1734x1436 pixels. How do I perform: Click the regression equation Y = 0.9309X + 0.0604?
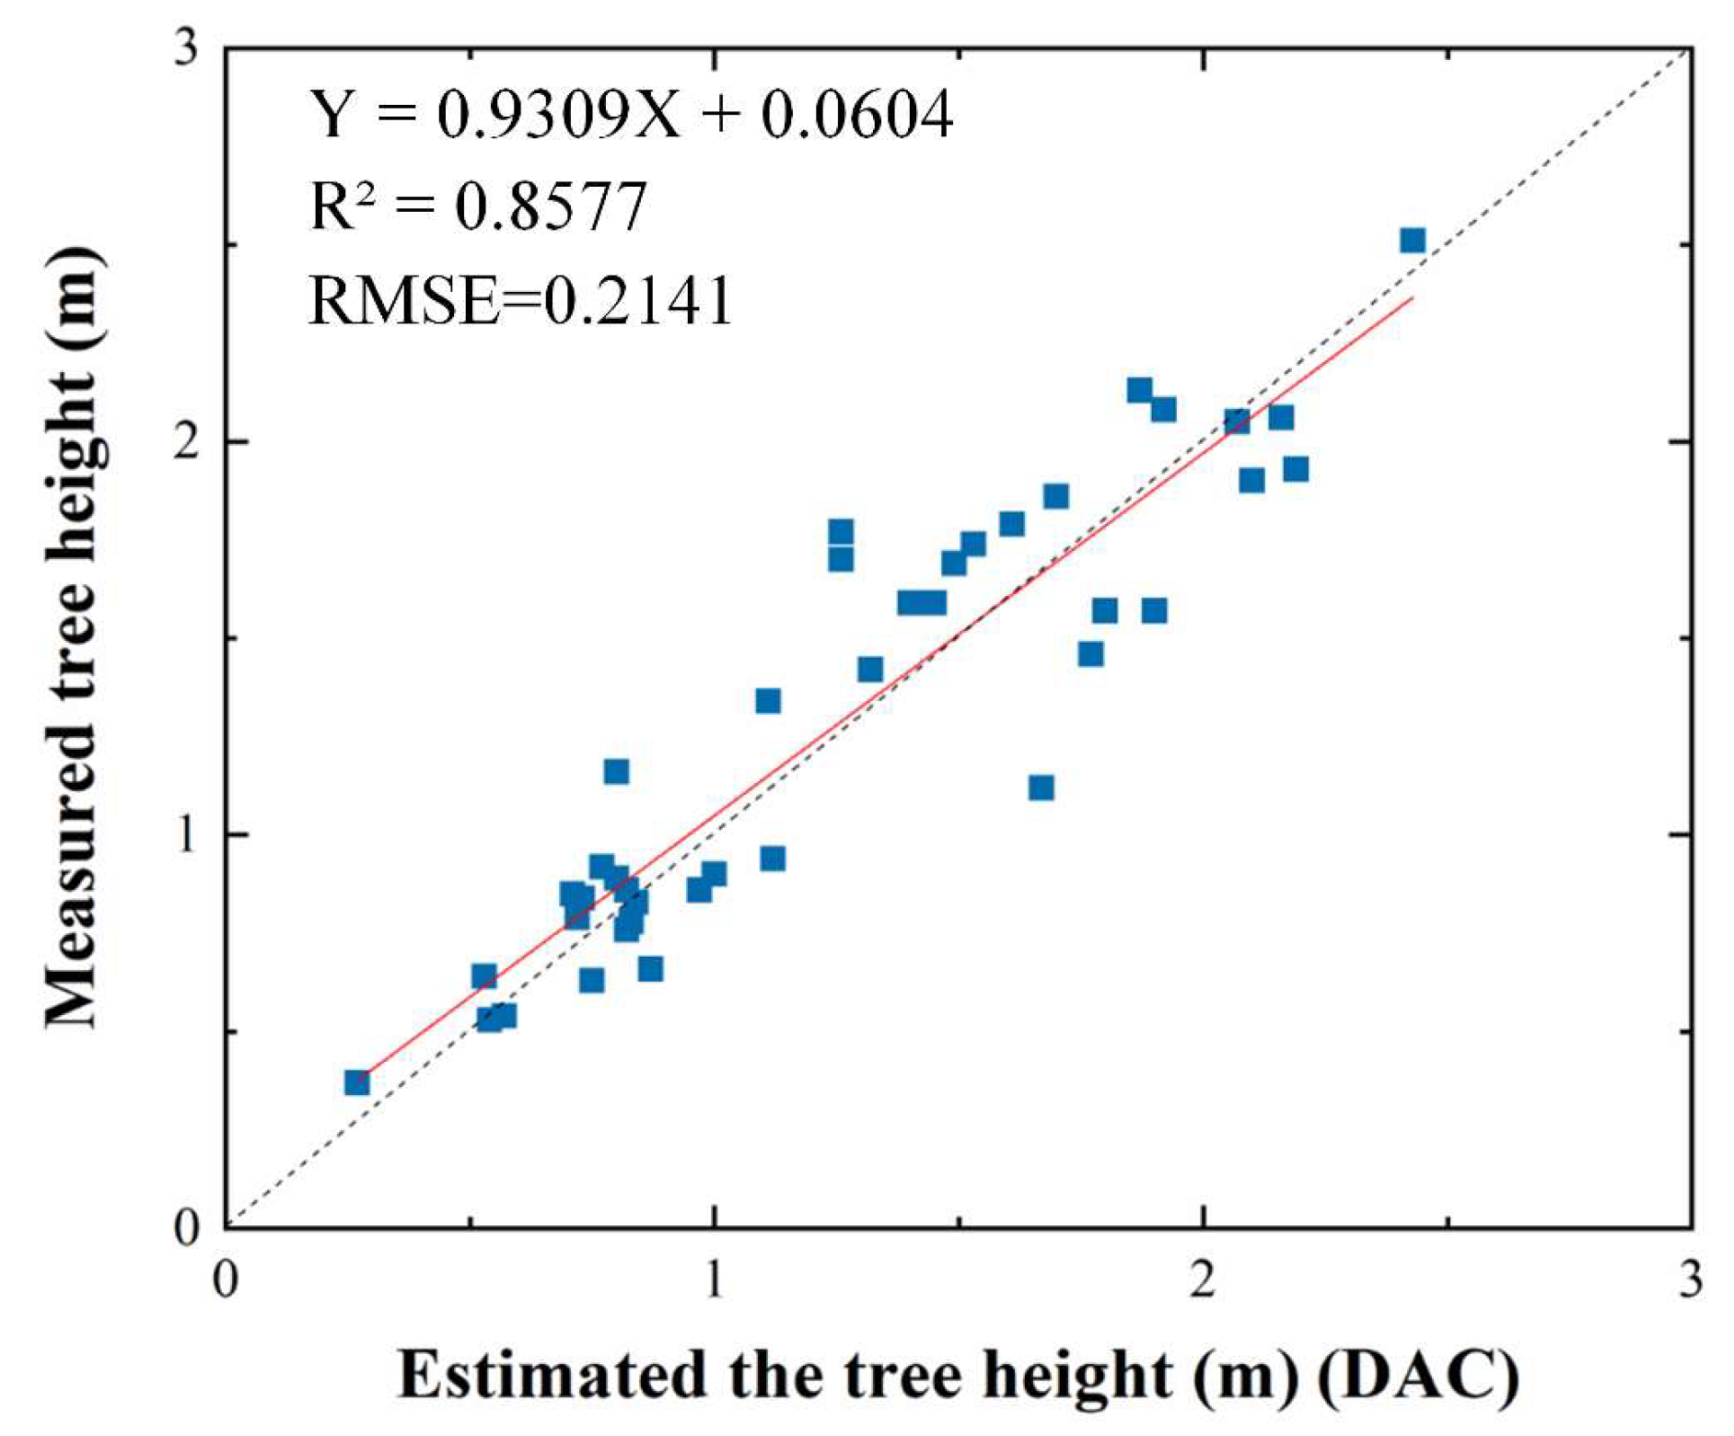pyautogui.click(x=630, y=115)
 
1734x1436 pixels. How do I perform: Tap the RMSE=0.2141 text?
pyautogui.click(x=520, y=301)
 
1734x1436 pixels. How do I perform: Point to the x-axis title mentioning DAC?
pyautogui.click(x=958, y=1375)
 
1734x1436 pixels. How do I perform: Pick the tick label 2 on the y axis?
pyautogui.click(x=187, y=442)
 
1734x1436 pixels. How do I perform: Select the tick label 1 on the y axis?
pyautogui.click(x=187, y=835)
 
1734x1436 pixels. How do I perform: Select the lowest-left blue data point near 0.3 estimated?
pyautogui.click(x=357, y=1082)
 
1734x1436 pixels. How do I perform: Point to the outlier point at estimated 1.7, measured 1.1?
pyautogui.click(x=1042, y=788)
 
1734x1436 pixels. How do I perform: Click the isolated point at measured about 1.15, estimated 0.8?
pyautogui.click(x=616, y=771)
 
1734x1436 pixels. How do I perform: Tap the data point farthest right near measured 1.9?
pyautogui.click(x=1296, y=469)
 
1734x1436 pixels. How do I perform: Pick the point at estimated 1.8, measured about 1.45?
pyautogui.click(x=1091, y=654)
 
